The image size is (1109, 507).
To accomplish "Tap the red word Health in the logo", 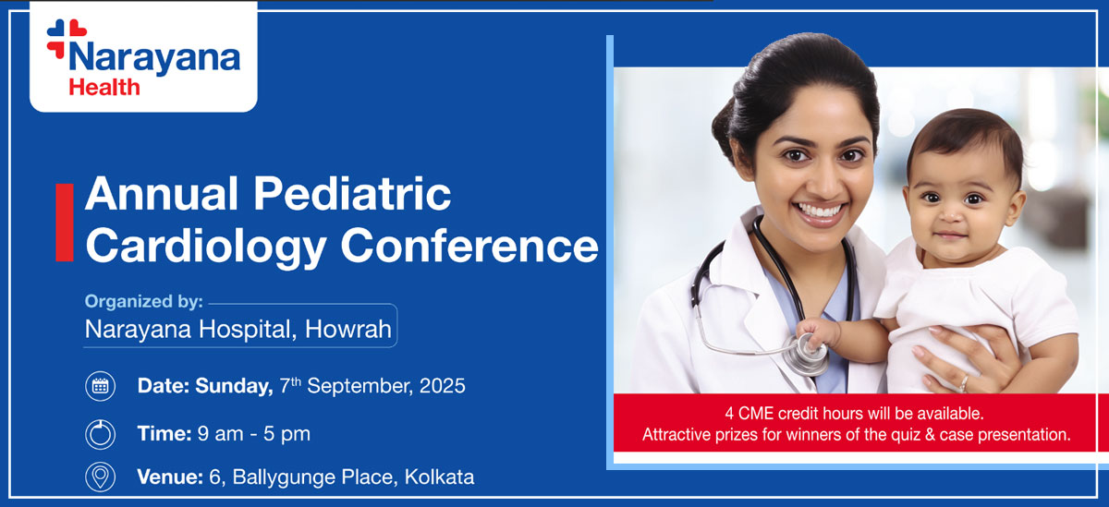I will point(104,88).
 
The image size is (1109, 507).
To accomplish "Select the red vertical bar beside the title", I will point(64,222).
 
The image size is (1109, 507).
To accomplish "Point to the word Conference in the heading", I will point(469,246).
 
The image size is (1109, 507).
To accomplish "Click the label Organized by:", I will point(143,301).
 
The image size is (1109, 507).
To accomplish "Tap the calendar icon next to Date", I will point(100,386).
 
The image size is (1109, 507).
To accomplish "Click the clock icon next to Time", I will point(100,432).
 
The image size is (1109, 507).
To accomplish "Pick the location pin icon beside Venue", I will point(100,477).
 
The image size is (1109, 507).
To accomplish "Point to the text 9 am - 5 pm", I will point(254,432).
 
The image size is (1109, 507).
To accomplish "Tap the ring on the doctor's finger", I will point(964,381).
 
